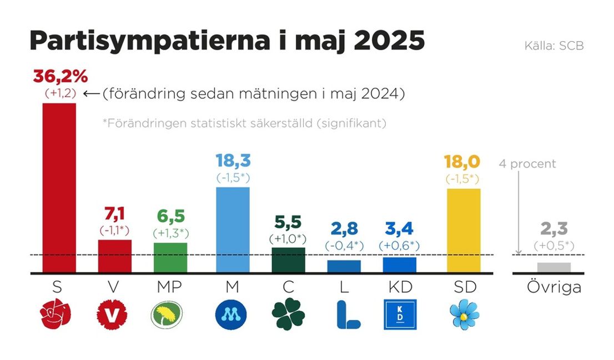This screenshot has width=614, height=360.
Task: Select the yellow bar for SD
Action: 464,231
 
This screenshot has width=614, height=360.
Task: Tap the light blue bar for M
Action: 233,230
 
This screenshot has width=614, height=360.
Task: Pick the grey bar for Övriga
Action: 554,267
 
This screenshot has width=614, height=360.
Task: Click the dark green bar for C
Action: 288,260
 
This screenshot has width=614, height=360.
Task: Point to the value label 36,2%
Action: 60,76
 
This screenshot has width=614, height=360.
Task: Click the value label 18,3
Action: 233,162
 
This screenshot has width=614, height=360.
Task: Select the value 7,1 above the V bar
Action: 114,214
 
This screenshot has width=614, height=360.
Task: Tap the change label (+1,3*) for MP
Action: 170,233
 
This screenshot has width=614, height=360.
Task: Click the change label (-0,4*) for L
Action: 344,245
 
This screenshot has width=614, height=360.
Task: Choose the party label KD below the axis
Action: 399,287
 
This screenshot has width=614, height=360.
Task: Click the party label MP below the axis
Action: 170,287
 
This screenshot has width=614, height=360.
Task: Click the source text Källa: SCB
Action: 553,46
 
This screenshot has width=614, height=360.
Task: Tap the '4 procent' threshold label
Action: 526,164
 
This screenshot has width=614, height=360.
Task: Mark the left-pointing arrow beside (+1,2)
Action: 90,94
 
